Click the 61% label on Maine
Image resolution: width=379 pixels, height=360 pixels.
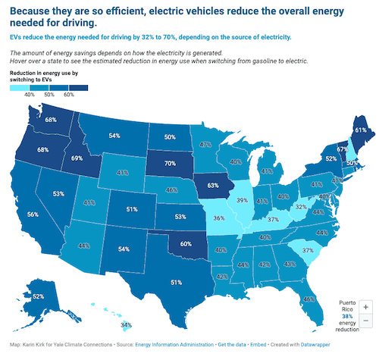361,130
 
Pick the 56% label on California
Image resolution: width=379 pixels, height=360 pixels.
33,214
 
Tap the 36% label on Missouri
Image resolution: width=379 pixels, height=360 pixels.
219,218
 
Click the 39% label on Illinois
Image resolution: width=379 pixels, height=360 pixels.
241,200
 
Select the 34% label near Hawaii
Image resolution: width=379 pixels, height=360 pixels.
127,326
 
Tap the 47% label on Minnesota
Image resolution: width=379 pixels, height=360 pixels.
205,144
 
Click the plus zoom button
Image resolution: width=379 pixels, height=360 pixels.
366,306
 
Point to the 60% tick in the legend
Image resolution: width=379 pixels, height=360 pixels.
69,95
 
